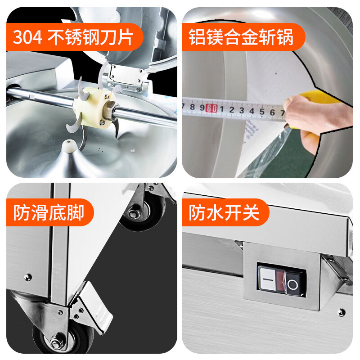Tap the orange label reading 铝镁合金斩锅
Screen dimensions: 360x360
(x=243, y=37)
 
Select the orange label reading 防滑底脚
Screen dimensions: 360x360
(x=50, y=212)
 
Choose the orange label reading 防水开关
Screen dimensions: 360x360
(x=225, y=212)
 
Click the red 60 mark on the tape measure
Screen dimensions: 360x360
(x=211, y=108)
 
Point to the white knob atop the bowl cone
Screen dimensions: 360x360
(x=69, y=145)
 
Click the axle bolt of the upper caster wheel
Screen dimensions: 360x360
(x=132, y=214)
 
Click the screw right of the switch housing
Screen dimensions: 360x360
(x=342, y=312)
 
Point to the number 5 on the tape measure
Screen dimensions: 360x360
(x=262, y=111)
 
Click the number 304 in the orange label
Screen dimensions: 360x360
(x=27, y=37)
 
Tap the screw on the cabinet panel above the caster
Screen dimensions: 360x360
(x=28, y=277)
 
